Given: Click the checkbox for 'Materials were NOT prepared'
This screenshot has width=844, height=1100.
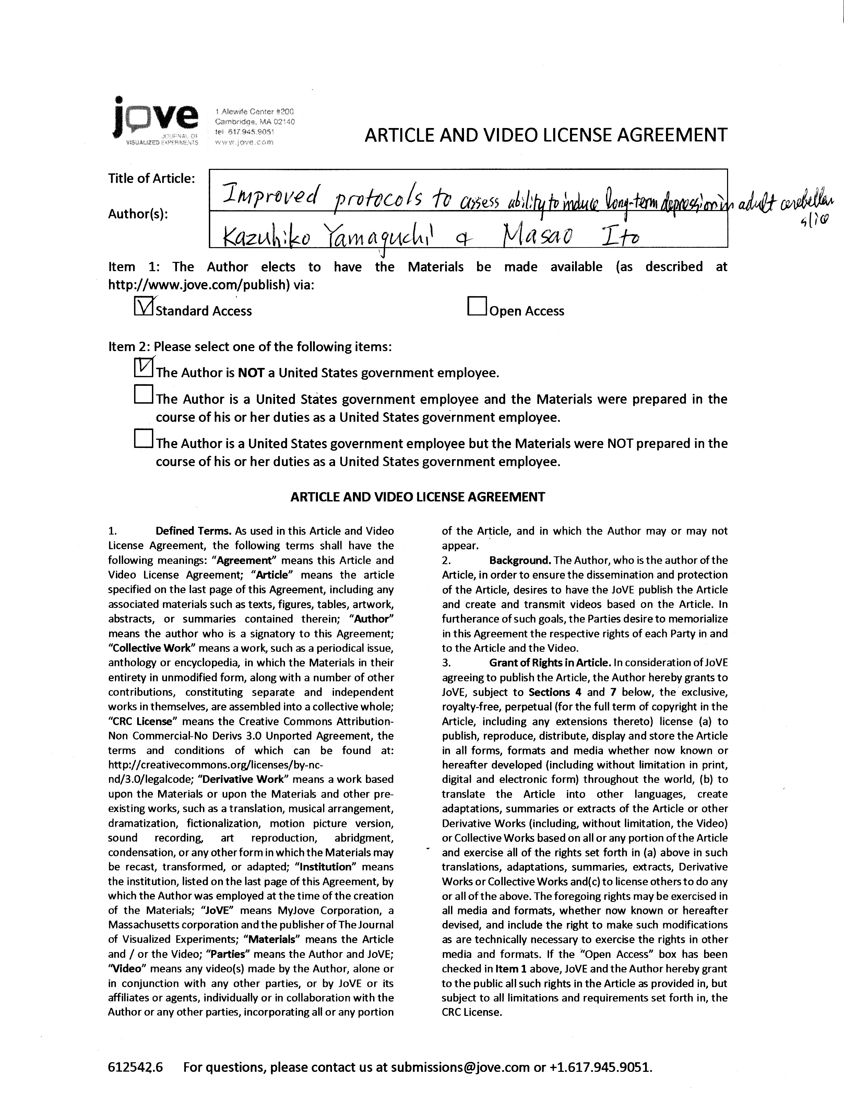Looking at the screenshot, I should tap(144, 438).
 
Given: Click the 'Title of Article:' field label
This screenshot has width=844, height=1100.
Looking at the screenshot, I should tap(151, 178).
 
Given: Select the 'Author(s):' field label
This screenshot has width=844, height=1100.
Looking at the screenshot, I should tap(138, 214).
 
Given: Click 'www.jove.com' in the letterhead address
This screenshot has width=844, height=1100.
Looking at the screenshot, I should tap(244, 142).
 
